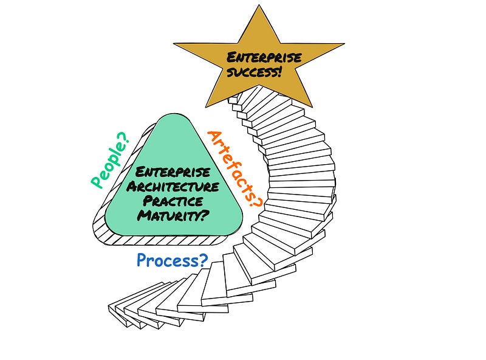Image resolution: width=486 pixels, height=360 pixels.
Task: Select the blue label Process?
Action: click(x=172, y=261)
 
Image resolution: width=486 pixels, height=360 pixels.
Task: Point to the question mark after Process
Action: click(x=203, y=261)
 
